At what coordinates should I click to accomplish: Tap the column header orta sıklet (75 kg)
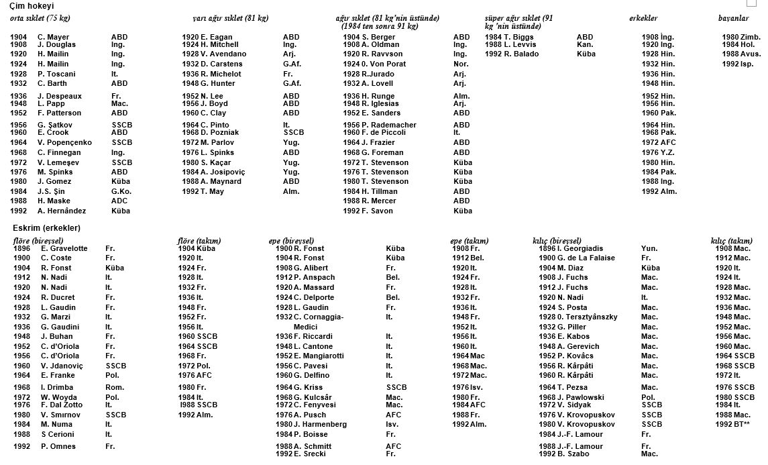click(40, 18)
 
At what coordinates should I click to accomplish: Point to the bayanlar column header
click(733, 18)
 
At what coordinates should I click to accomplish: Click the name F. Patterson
click(61, 113)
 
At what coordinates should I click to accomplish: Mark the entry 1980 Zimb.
click(740, 38)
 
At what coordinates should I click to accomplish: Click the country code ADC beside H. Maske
click(119, 201)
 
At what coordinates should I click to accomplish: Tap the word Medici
click(305, 327)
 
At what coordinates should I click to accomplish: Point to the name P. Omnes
click(58, 447)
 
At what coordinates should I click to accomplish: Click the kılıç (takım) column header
click(731, 241)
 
